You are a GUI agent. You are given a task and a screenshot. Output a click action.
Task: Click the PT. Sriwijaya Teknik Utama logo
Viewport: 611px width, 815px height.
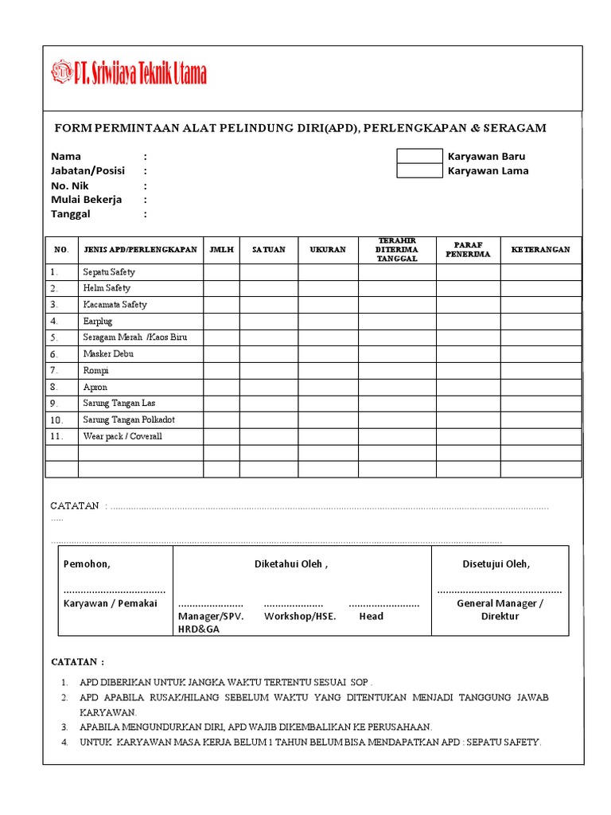point(129,74)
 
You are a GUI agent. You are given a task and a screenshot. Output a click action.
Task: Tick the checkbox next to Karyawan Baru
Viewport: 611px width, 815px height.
point(419,156)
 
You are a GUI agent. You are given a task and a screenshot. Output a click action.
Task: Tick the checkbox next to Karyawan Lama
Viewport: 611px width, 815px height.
point(419,170)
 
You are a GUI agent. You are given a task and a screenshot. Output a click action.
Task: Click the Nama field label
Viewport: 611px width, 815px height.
point(66,157)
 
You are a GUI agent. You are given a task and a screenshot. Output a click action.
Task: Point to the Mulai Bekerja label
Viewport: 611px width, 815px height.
point(87,200)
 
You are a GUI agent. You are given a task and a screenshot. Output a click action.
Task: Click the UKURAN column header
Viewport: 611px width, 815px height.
point(328,250)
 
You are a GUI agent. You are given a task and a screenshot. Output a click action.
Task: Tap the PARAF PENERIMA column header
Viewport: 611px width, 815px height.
point(468,250)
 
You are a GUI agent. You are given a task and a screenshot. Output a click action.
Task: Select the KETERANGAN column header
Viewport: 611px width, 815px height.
point(540,250)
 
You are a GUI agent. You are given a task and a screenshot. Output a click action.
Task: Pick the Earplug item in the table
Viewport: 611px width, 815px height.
point(97,322)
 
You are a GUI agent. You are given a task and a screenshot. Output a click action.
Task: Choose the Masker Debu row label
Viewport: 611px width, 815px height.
point(108,354)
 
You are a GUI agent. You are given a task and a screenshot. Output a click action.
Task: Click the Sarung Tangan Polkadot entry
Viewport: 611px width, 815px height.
point(129,419)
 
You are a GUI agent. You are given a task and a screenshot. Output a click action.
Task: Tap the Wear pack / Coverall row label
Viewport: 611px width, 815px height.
point(123,436)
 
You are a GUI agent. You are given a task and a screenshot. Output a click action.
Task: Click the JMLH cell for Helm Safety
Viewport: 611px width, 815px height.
point(221,288)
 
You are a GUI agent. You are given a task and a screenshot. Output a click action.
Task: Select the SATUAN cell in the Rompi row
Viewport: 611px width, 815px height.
point(269,370)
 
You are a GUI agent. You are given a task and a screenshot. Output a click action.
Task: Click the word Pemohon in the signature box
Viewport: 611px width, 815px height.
point(87,564)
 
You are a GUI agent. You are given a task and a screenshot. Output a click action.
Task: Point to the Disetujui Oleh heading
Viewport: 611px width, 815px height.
point(496,564)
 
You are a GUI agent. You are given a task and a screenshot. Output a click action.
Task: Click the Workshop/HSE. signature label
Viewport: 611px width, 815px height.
point(300,616)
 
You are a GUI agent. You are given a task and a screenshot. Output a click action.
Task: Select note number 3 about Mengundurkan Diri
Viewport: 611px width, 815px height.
point(255,727)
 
